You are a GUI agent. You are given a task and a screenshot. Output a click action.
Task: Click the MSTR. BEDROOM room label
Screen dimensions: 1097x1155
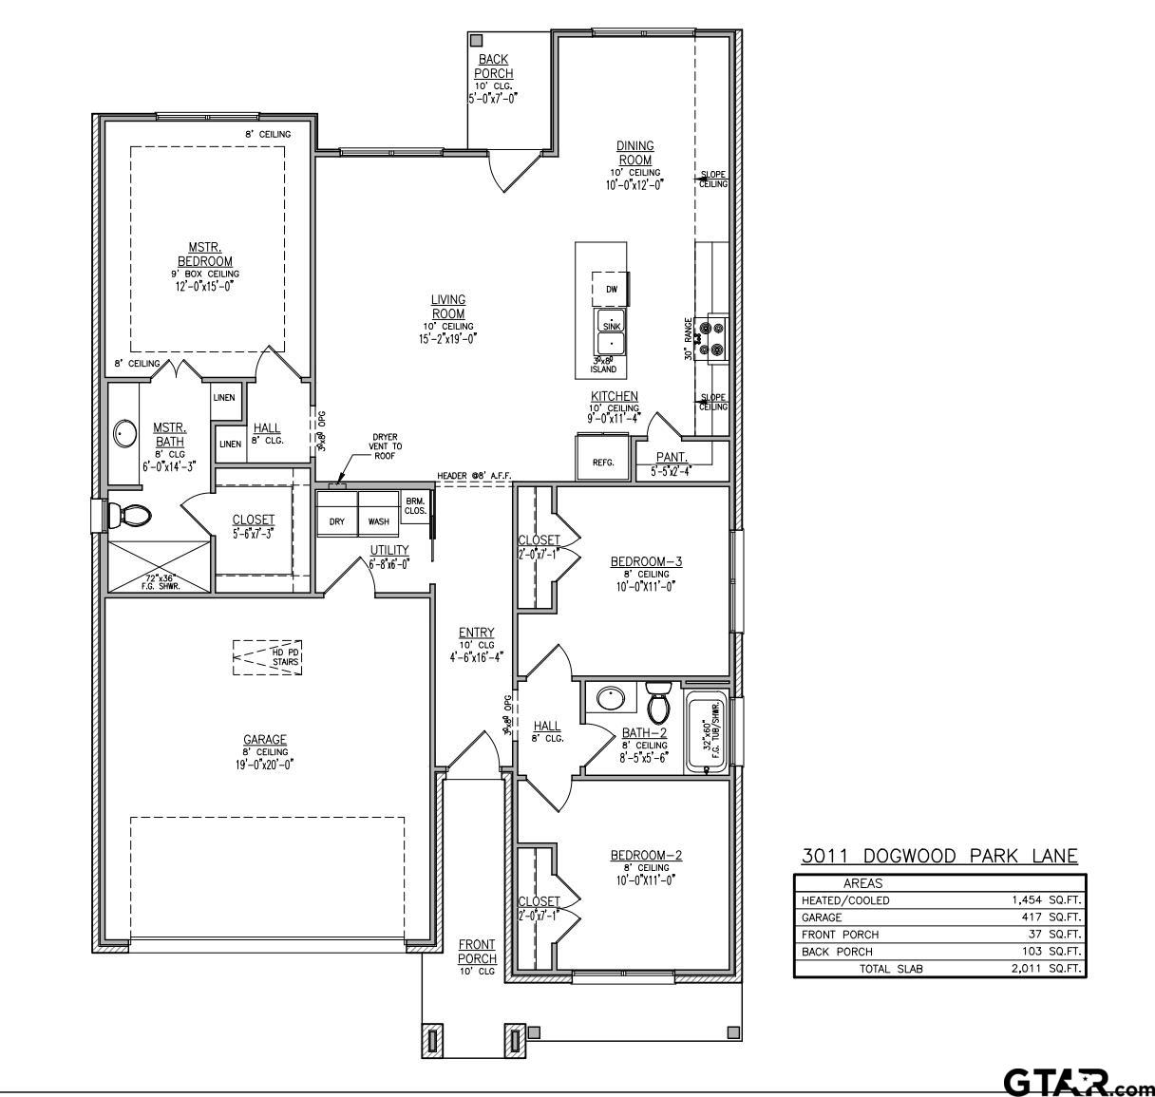click(x=204, y=255)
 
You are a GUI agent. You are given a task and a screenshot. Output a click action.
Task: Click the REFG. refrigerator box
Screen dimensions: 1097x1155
click(x=603, y=458)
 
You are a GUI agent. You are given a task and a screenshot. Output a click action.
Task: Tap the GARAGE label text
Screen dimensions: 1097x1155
click(x=264, y=740)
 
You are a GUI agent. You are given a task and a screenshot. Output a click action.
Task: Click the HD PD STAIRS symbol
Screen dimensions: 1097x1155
click(x=267, y=657)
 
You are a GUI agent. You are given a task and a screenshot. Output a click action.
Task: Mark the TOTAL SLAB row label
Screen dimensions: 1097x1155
click(x=891, y=969)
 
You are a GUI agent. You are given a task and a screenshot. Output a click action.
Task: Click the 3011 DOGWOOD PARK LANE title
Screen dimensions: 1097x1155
click(x=939, y=856)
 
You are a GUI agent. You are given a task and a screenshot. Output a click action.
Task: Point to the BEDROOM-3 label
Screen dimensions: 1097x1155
click(x=646, y=561)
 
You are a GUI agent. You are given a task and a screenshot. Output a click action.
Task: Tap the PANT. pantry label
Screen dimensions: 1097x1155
click(x=671, y=457)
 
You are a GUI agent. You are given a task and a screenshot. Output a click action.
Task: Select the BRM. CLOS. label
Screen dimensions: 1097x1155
click(x=414, y=505)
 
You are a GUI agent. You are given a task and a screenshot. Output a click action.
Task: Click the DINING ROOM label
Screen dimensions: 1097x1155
click(x=635, y=153)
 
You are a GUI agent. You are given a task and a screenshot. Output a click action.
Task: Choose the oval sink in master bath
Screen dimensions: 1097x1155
click(x=125, y=435)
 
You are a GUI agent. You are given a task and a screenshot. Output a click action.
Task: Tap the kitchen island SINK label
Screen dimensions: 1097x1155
click(x=611, y=326)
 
